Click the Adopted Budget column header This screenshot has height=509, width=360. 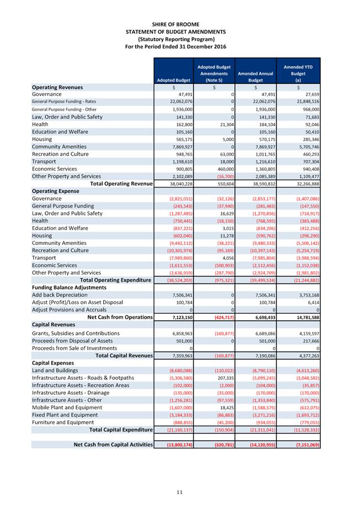(174, 80)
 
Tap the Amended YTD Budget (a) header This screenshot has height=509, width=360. (298, 73)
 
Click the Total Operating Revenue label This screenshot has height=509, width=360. (121, 184)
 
